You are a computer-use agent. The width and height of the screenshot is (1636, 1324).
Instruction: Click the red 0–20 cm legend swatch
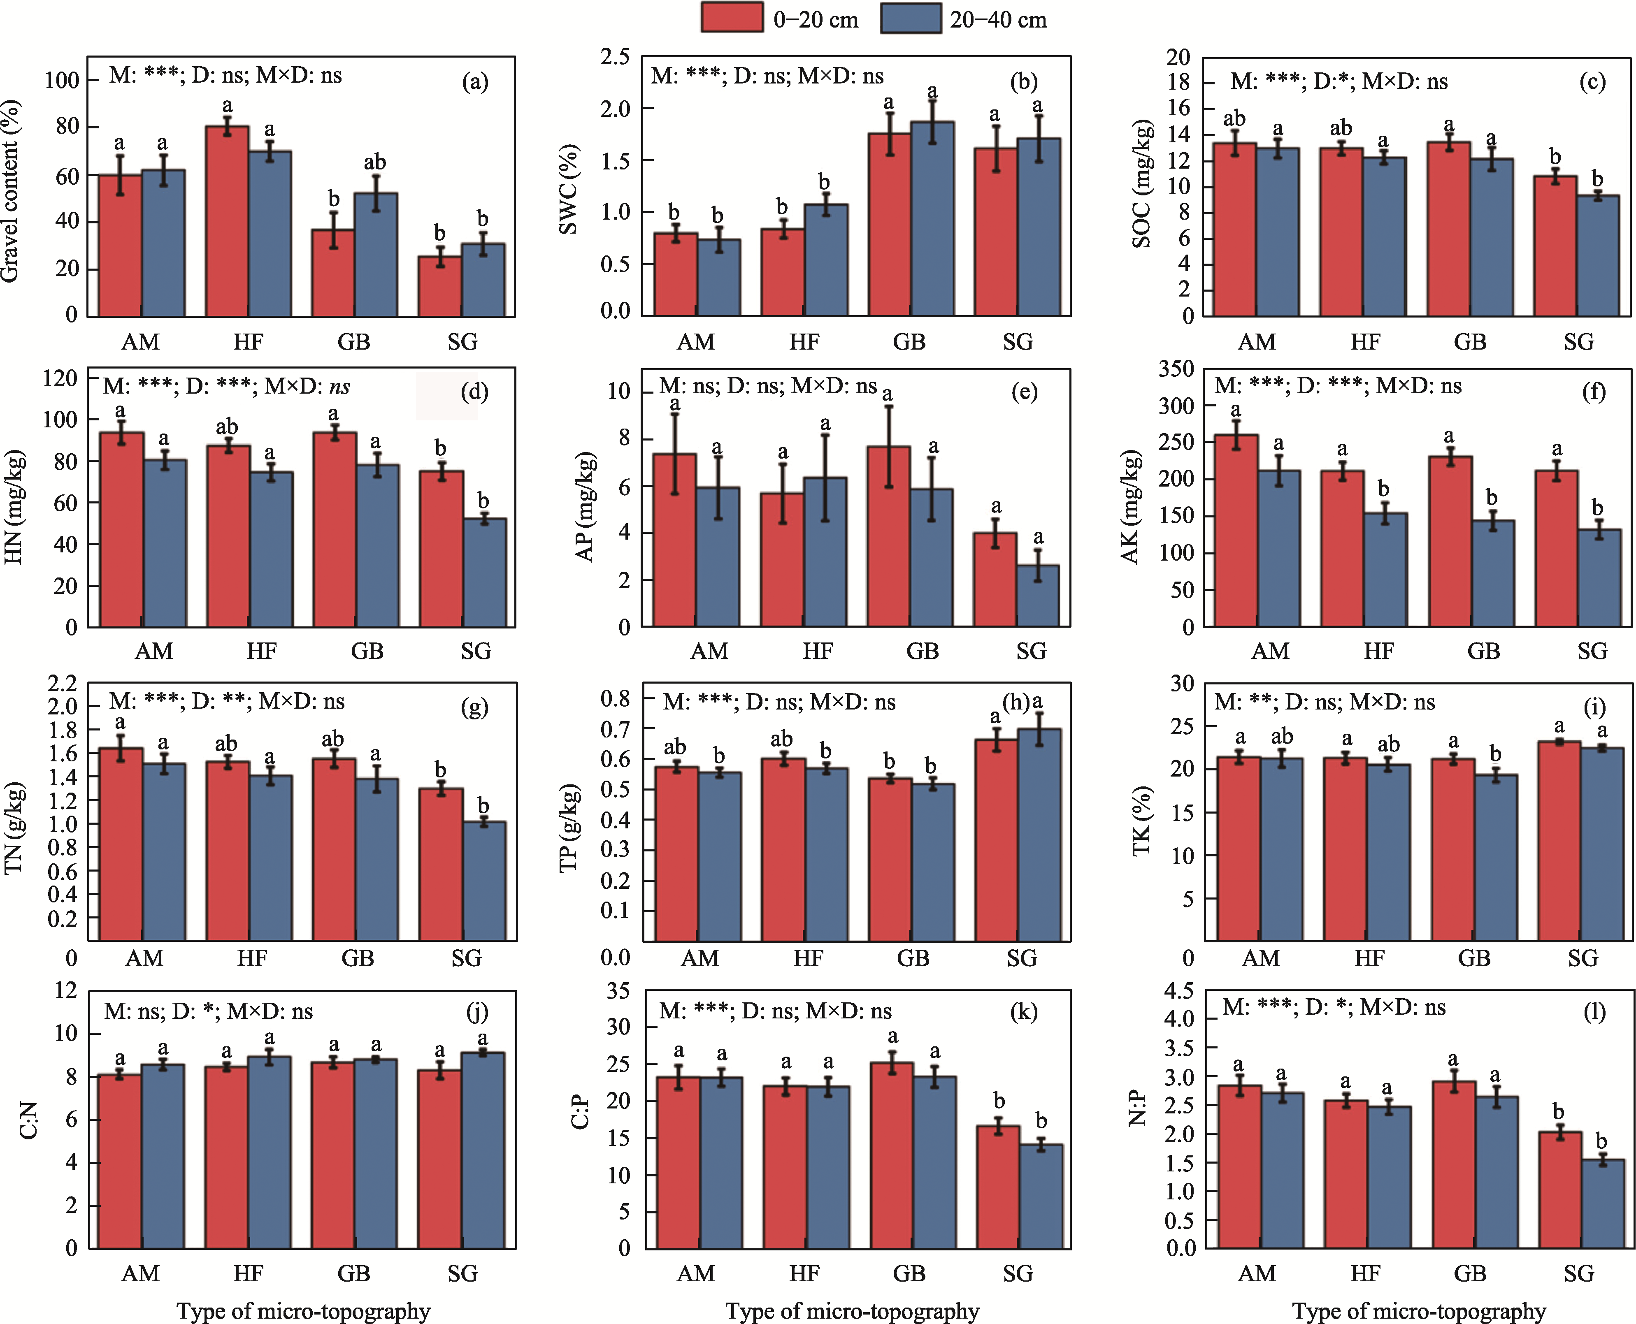[731, 18]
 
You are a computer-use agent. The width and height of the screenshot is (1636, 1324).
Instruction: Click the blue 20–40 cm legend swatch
[910, 18]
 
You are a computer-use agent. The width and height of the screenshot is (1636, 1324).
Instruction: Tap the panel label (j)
[477, 1012]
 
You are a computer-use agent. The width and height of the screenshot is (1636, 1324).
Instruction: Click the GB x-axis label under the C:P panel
[909, 1273]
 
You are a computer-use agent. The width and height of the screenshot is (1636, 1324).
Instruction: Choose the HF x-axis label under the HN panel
[261, 651]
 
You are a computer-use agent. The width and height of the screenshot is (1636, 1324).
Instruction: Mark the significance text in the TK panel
[1324, 703]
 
